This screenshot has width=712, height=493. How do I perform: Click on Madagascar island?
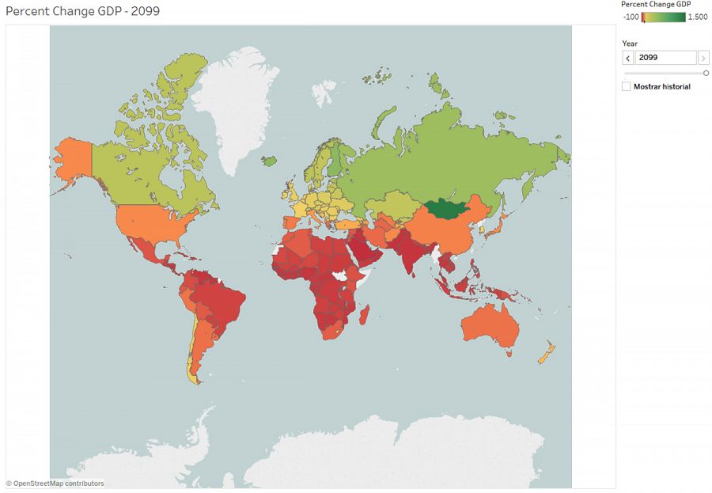click(x=365, y=316)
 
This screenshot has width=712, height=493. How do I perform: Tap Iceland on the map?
click(x=269, y=161)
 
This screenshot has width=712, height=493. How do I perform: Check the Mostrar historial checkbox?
click(x=627, y=86)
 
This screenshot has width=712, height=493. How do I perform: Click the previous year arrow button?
click(x=628, y=58)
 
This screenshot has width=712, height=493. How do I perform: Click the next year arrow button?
click(x=703, y=58)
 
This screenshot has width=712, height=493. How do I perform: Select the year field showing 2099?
click(x=665, y=58)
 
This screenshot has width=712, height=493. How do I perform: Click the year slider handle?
click(x=706, y=73)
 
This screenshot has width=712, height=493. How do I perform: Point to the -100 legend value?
click(x=631, y=17)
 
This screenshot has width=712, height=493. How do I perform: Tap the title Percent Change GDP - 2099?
click(x=88, y=12)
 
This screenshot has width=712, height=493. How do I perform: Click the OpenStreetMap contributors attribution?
click(x=55, y=484)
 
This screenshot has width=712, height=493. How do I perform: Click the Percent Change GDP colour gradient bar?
click(x=663, y=17)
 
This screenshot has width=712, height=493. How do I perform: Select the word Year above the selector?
click(x=630, y=44)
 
